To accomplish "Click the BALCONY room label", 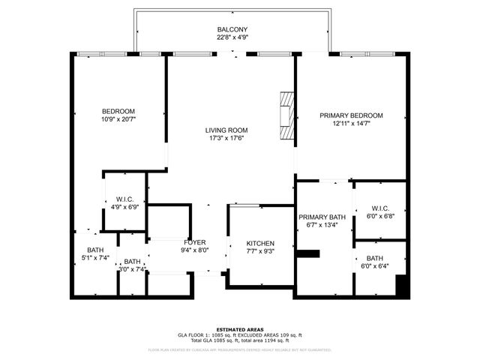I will click(232, 28).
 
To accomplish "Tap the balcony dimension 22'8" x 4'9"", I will click(232, 37).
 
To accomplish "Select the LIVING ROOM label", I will click(226, 130).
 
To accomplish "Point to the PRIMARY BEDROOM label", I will click(351, 115).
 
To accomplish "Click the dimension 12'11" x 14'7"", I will click(351, 124).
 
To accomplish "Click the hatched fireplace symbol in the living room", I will click(286, 115).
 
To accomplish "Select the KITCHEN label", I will click(260, 244).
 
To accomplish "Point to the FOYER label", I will click(195, 242).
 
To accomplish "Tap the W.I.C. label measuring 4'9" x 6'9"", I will click(124, 199).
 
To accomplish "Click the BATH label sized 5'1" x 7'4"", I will click(95, 250).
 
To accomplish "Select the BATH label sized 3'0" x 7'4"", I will click(133, 262).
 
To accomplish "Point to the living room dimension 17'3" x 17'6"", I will click(226, 139).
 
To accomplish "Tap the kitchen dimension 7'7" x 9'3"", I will click(260, 253).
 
